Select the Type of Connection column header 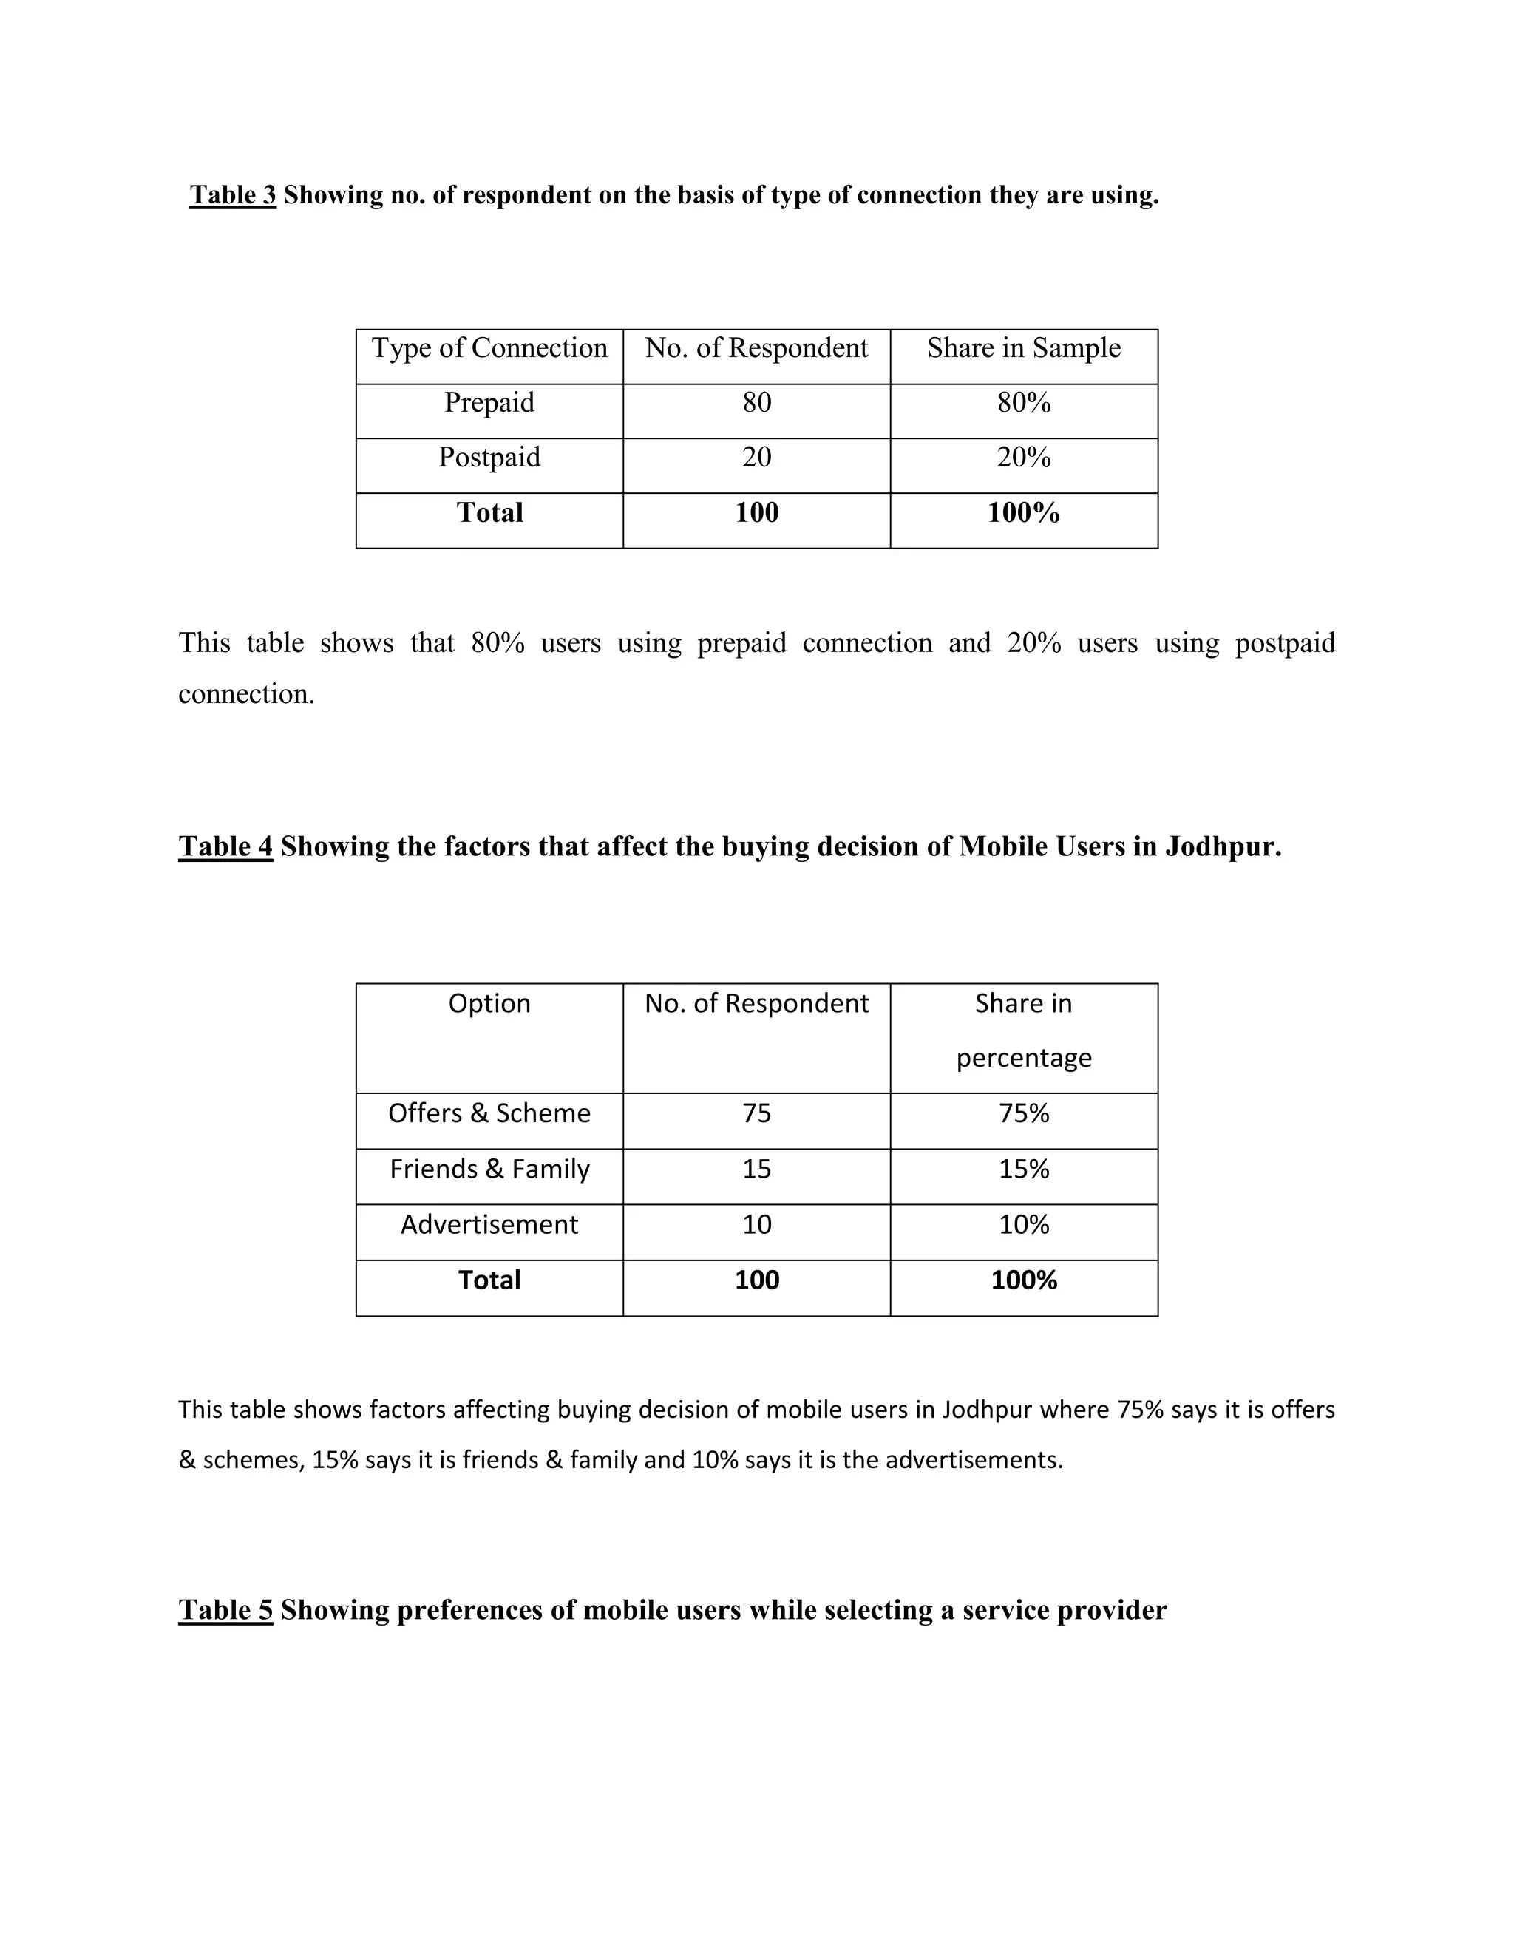pyautogui.click(x=489, y=348)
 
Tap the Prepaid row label pyautogui.click(x=489, y=403)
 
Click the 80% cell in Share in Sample pyautogui.click(x=1023, y=403)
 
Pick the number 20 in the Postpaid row pyautogui.click(x=756, y=458)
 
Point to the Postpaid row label pyautogui.click(x=489, y=458)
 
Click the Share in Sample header pyautogui.click(x=1023, y=348)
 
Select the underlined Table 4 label pyautogui.click(x=225, y=846)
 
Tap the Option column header pyautogui.click(x=489, y=1003)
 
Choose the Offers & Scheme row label pyautogui.click(x=489, y=1113)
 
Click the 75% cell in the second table pyautogui.click(x=1023, y=1113)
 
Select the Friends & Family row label pyautogui.click(x=489, y=1169)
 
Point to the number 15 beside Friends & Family pyautogui.click(x=756, y=1169)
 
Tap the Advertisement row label pyautogui.click(x=489, y=1224)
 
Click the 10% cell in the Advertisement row pyautogui.click(x=1023, y=1224)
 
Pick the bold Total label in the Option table pyautogui.click(x=489, y=1280)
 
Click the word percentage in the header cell pyautogui.click(x=1023, y=1059)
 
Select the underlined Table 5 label pyautogui.click(x=225, y=1610)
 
